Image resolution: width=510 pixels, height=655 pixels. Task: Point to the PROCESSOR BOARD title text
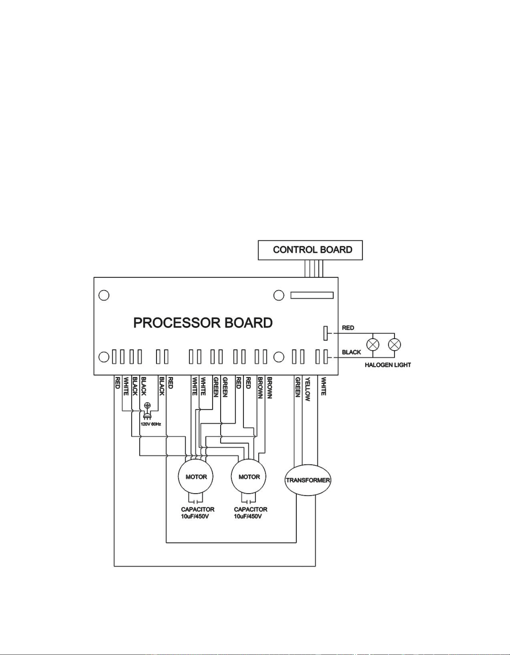[203, 323]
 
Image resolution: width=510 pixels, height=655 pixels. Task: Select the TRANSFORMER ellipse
[308, 480]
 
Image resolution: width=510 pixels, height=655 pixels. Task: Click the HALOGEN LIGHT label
[388, 365]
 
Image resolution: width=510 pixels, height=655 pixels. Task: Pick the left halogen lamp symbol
[373, 344]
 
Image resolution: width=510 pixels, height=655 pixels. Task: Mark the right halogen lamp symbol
[395, 344]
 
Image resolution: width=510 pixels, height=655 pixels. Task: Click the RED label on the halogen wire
[348, 328]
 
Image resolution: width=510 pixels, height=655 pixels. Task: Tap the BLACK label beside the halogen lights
[351, 352]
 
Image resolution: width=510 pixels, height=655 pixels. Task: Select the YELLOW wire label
[308, 389]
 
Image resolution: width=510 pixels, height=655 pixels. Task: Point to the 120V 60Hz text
[151, 424]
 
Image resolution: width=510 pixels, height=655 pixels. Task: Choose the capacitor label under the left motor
[198, 513]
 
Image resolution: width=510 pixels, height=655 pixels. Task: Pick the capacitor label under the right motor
[250, 513]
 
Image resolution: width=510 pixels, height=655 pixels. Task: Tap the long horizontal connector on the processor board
[312, 295]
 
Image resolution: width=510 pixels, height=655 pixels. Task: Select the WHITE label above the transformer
[324, 386]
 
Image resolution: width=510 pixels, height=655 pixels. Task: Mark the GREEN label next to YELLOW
[298, 387]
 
